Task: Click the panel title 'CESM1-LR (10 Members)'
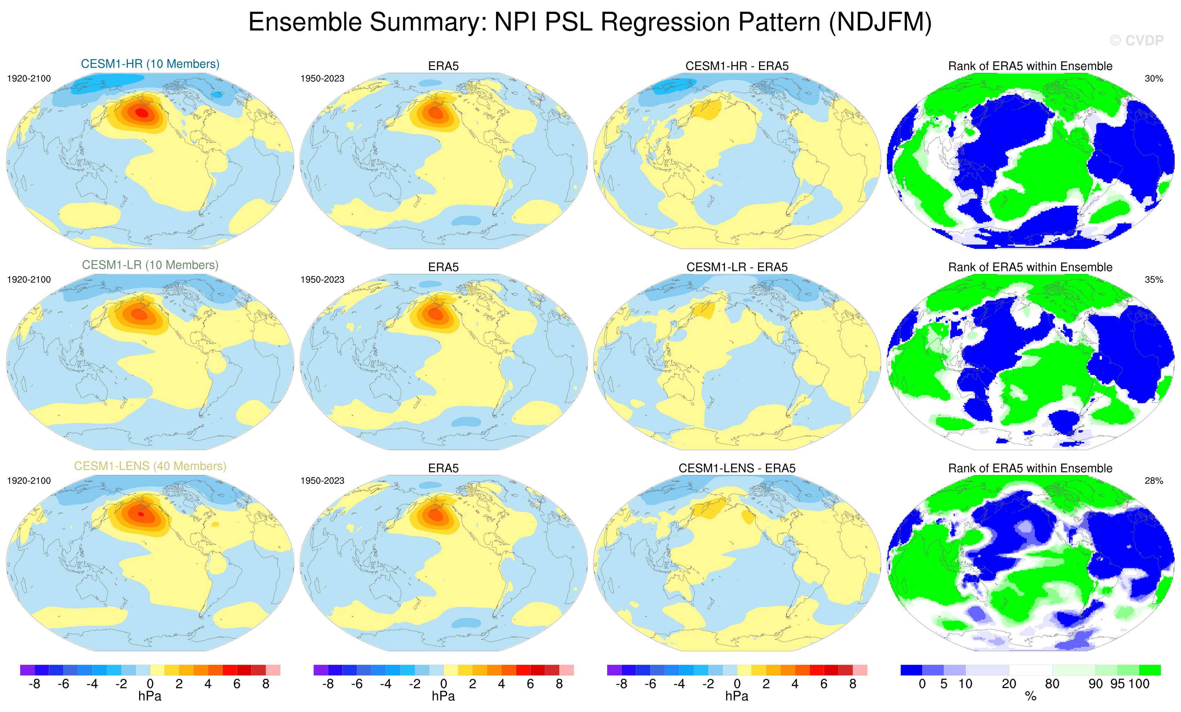(150, 265)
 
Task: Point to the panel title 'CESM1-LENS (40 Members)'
(150, 466)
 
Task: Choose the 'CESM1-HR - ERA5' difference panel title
(737, 66)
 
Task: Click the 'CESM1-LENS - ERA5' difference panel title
(737, 468)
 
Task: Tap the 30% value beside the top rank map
(1154, 79)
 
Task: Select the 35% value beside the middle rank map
(1154, 280)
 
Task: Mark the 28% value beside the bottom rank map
(1154, 481)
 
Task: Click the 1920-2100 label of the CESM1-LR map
(29, 280)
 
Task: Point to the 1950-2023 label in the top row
(322, 79)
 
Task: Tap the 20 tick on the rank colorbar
(1008, 684)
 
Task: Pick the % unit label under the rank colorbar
(1030, 697)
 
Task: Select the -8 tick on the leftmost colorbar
(34, 684)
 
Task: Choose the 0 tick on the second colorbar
(444, 684)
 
